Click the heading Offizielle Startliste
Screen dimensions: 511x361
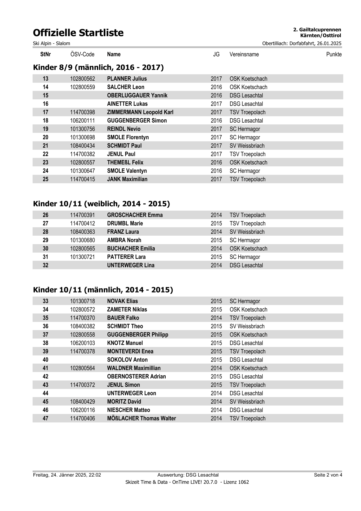(x=78, y=33)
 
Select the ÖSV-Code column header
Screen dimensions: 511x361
(x=82, y=54)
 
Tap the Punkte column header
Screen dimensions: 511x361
(x=334, y=54)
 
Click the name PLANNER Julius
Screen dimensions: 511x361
(x=127, y=79)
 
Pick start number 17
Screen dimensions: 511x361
(x=45, y=112)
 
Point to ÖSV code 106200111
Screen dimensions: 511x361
(x=82, y=121)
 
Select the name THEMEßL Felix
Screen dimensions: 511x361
(x=125, y=163)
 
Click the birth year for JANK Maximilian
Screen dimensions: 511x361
(x=216, y=179)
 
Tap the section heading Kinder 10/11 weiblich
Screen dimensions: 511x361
(x=101, y=204)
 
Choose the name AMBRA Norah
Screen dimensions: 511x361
(x=124, y=240)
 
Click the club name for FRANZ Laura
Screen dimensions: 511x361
(x=247, y=232)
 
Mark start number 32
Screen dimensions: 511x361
(x=45, y=265)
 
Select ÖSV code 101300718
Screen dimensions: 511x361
(x=82, y=301)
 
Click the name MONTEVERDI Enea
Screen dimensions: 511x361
(x=130, y=352)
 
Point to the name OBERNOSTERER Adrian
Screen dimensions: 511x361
(x=136, y=377)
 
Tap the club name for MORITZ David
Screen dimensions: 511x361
(x=247, y=402)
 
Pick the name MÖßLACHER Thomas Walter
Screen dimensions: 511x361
(x=141, y=419)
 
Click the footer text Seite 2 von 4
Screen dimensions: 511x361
(x=328, y=475)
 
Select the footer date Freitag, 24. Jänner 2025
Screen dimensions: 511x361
(x=67, y=475)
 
